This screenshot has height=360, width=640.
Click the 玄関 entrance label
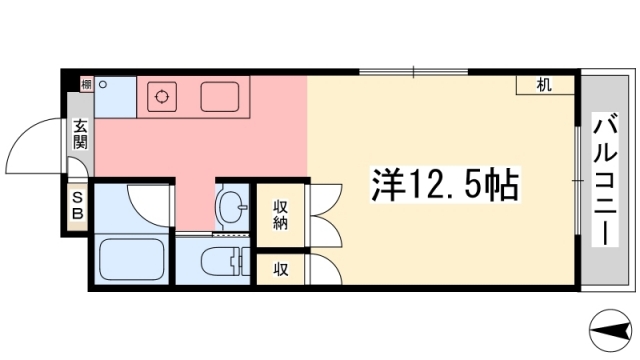[79, 135]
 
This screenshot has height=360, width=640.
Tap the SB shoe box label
[76, 205]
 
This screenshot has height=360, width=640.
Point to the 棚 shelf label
[87, 85]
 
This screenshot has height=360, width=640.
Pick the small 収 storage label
[281, 269]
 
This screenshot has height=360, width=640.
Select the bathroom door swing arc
[150, 205]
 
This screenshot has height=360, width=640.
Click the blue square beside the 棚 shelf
[115, 96]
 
